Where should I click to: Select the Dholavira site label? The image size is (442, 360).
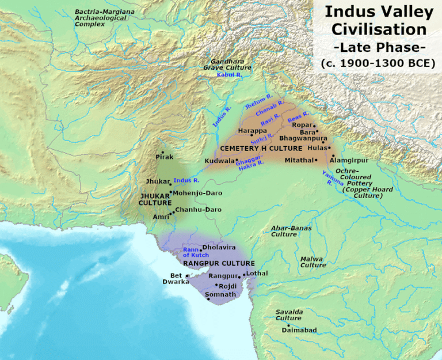219,247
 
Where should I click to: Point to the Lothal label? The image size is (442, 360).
257,273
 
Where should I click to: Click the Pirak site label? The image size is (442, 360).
164,157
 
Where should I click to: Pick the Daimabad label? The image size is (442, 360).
298,331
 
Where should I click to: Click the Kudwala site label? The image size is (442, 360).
219,161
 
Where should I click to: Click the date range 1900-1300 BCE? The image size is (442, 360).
378,63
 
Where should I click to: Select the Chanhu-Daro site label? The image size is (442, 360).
198,210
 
